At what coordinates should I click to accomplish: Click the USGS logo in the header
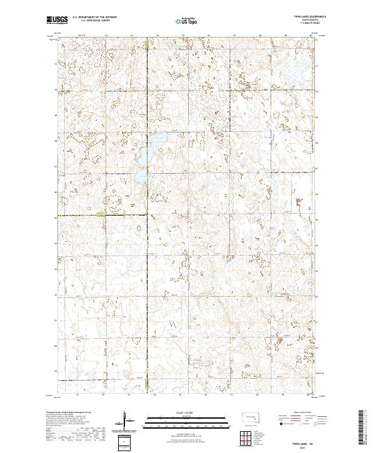pos(57,20)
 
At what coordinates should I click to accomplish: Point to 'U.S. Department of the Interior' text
pos(94,18)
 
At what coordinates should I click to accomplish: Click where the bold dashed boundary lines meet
pos(147,216)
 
